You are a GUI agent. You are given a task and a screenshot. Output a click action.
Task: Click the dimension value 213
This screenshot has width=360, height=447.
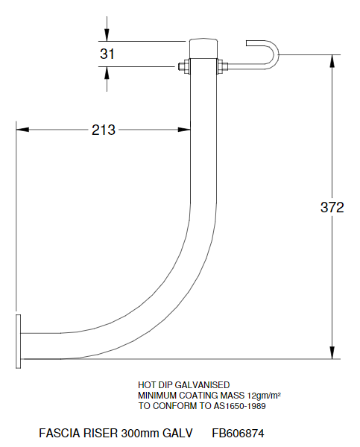(103, 130)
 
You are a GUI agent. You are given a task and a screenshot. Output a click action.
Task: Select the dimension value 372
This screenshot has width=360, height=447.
(331, 208)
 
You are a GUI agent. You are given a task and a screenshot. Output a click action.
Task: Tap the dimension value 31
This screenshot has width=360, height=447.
(108, 54)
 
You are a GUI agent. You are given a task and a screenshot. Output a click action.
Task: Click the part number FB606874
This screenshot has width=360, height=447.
(238, 432)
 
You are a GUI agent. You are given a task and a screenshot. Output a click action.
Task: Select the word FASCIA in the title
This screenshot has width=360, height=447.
(58, 432)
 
